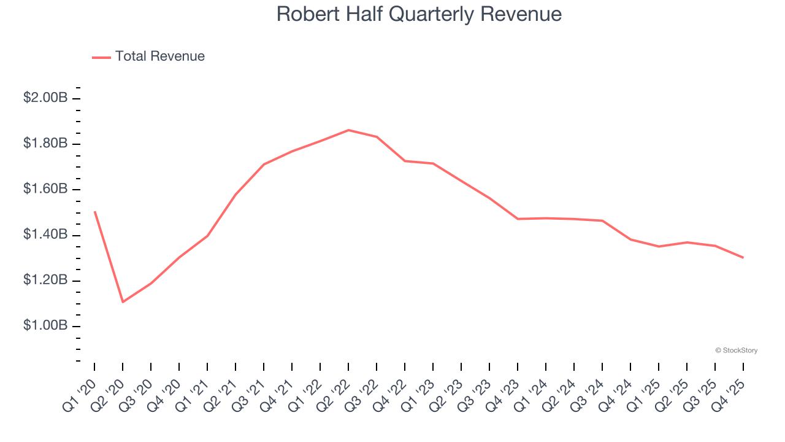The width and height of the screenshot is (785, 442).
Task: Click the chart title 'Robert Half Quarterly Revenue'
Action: tap(419, 14)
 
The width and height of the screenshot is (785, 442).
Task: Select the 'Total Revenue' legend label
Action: tap(159, 56)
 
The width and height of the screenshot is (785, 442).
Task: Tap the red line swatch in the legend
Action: tap(101, 57)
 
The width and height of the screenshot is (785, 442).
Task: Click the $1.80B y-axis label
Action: tap(45, 144)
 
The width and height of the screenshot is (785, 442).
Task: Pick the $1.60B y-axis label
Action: tap(45, 189)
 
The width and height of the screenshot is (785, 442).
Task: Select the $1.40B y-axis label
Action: tap(45, 235)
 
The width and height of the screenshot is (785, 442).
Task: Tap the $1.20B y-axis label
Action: tap(45, 281)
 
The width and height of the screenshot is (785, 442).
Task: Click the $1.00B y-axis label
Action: tap(45, 325)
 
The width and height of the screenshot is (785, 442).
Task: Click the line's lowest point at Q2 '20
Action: tap(123, 301)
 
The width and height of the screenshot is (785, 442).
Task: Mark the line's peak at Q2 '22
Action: tap(348, 130)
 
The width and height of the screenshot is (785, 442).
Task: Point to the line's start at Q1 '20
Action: tap(94, 212)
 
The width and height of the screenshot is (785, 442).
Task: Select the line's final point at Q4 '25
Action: tap(743, 257)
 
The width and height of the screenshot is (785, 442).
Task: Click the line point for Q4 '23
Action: tap(518, 219)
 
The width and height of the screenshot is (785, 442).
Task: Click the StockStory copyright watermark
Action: tap(736, 351)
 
